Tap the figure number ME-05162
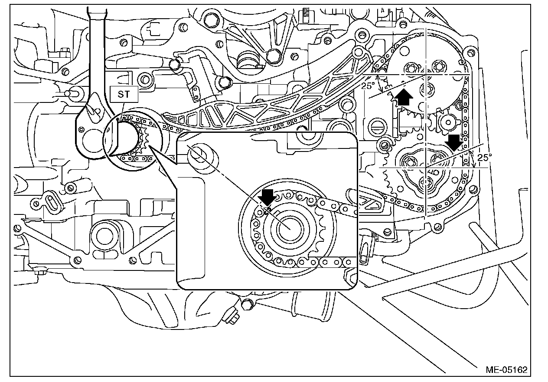tap(506, 370)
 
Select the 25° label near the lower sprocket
tap(483, 158)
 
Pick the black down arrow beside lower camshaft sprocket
tap(454, 142)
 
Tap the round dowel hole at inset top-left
tap(199, 155)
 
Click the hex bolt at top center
tap(274, 55)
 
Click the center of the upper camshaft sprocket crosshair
tap(426, 75)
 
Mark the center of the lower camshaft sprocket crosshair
tap(426, 167)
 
